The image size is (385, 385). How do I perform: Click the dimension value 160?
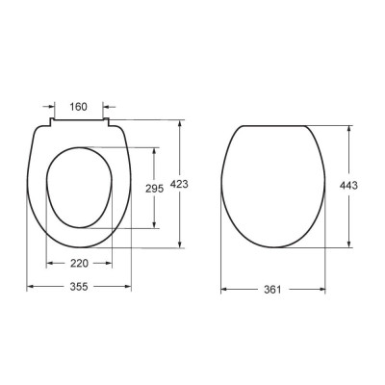pos(79,107)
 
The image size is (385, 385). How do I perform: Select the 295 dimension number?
pos(155,189)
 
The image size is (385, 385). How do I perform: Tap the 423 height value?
pos(179,184)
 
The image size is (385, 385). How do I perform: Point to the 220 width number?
pos(79,264)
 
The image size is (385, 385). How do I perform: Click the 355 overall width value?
pos(79,286)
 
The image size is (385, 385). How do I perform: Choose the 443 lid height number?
pos(348,185)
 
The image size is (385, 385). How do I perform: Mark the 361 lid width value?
pos(272,290)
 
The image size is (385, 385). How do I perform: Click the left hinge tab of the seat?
pos(51,122)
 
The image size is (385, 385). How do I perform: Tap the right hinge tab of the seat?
pos(106,122)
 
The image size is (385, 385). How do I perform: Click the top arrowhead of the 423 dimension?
pos(180,123)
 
